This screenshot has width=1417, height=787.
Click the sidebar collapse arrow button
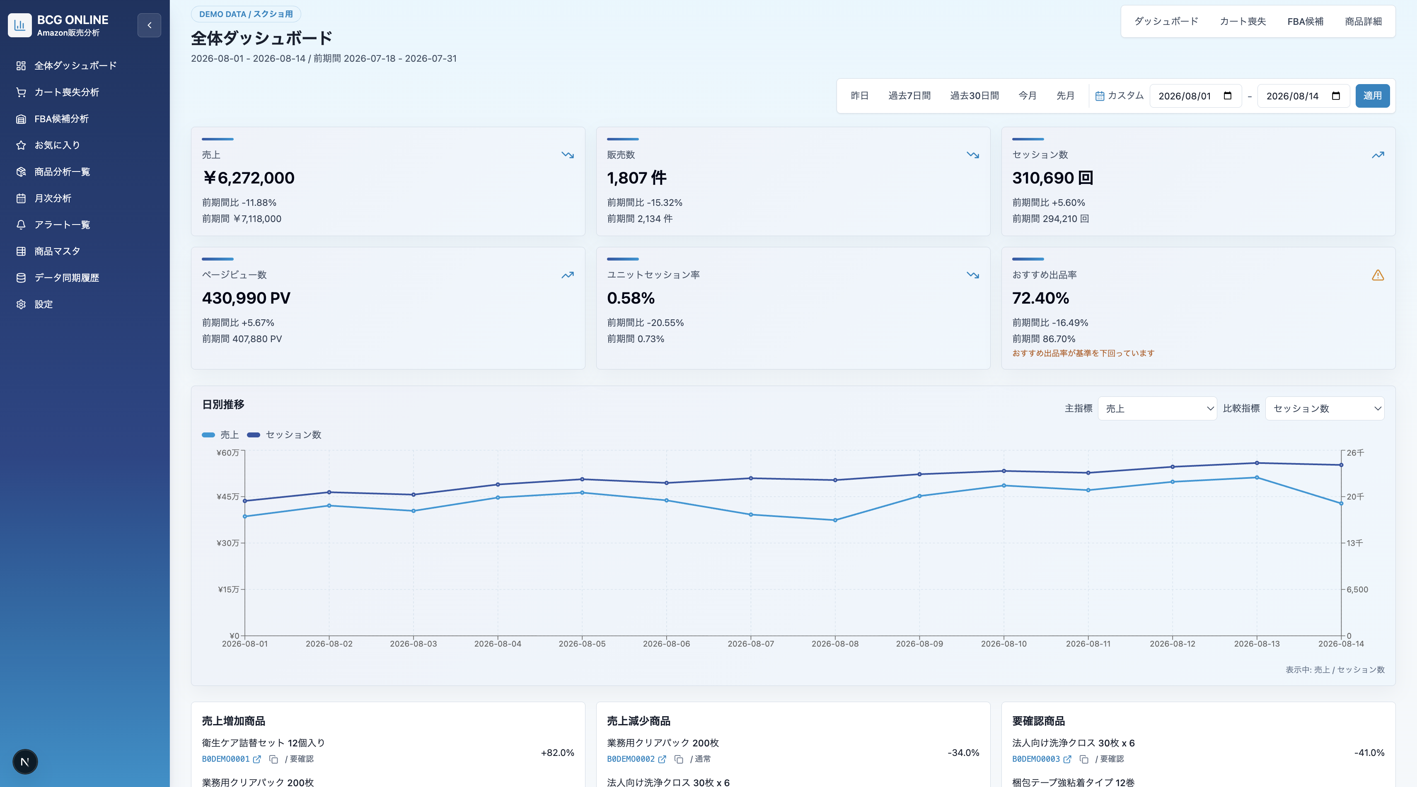149,25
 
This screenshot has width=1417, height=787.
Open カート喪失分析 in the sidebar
67,92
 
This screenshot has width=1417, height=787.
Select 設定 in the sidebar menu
44,304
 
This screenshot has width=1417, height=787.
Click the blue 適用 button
1372,96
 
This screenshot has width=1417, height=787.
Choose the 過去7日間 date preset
909,96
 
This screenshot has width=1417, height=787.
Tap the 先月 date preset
1065,96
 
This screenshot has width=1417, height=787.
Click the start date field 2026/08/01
1195,96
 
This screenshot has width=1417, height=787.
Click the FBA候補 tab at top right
1305,22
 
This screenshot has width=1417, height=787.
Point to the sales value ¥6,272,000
249,178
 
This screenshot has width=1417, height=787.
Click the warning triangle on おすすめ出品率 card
1377,275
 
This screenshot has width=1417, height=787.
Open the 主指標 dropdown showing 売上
1157,408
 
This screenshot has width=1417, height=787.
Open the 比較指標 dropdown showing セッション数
1325,408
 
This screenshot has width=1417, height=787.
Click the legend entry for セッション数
284,435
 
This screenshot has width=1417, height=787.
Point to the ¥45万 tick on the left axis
228,497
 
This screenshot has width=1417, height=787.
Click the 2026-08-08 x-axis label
834,643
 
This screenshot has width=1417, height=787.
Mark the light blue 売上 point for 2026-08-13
1256,477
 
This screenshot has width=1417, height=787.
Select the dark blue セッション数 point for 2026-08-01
245,501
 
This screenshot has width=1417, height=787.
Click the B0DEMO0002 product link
630,759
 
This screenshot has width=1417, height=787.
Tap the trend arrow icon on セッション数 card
1377,155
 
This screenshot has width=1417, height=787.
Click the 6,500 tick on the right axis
1357,589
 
